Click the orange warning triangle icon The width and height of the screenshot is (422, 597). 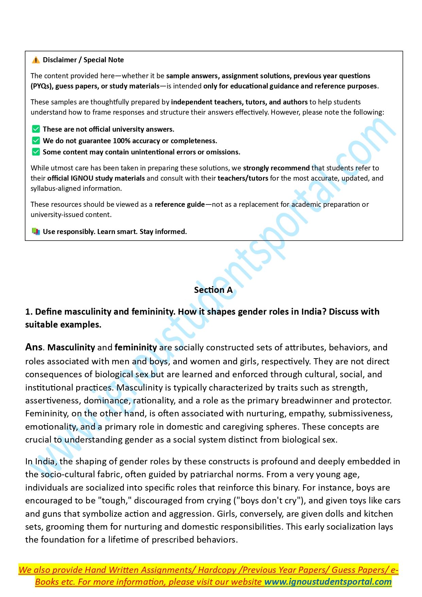(36, 60)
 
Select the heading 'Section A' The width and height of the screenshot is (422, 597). (213, 290)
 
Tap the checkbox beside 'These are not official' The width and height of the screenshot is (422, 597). (36, 129)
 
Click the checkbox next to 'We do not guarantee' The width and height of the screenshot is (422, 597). (36, 140)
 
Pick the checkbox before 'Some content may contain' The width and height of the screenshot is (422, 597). (36, 152)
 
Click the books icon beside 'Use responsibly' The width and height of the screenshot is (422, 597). (36, 232)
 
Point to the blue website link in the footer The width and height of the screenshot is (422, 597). (328, 582)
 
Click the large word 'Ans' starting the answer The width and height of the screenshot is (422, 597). (34, 347)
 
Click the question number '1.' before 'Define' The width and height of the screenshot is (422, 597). (29, 312)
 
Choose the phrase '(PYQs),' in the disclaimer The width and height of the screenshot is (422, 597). (42, 86)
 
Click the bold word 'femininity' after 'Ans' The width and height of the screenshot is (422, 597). (136, 347)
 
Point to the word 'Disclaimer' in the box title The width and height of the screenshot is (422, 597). (60, 60)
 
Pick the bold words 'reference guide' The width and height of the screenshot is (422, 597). (180, 204)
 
